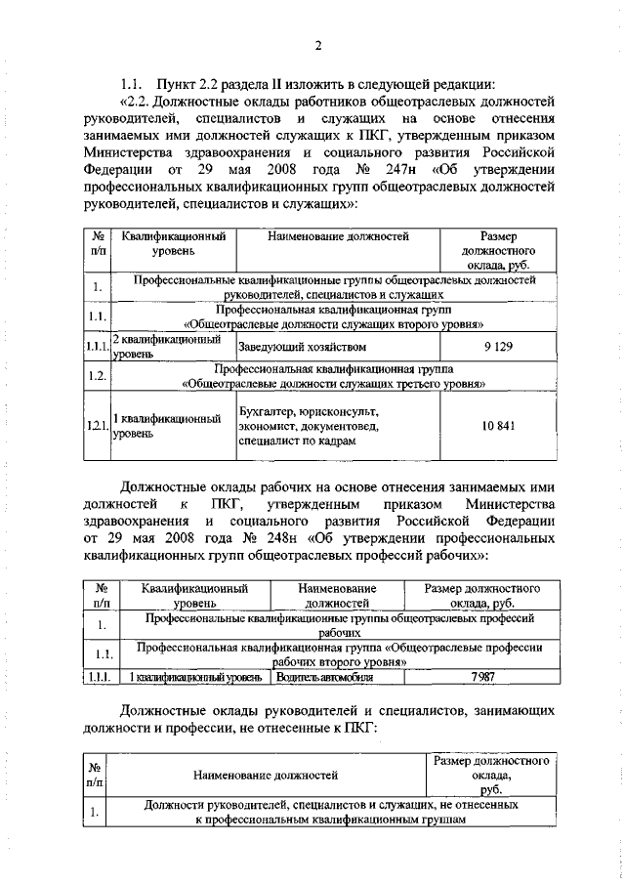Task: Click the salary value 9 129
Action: coord(498,347)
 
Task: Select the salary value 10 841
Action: coord(498,425)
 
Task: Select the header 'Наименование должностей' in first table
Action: coord(338,236)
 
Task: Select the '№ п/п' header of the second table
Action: coord(100,597)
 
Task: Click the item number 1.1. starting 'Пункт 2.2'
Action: coord(133,81)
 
